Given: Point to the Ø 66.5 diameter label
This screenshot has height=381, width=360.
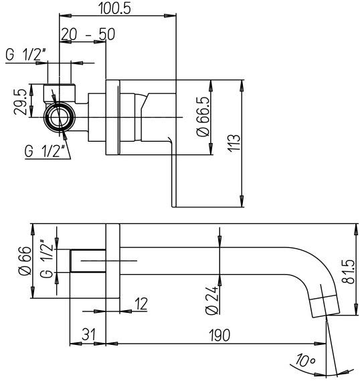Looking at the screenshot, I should pos(201,118).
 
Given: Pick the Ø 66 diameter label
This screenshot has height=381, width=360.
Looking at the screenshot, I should pos(24,261).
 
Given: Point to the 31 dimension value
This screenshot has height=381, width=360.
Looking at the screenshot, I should pos(88,335).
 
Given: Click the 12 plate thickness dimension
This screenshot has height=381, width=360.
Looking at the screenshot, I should pos(141,303).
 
